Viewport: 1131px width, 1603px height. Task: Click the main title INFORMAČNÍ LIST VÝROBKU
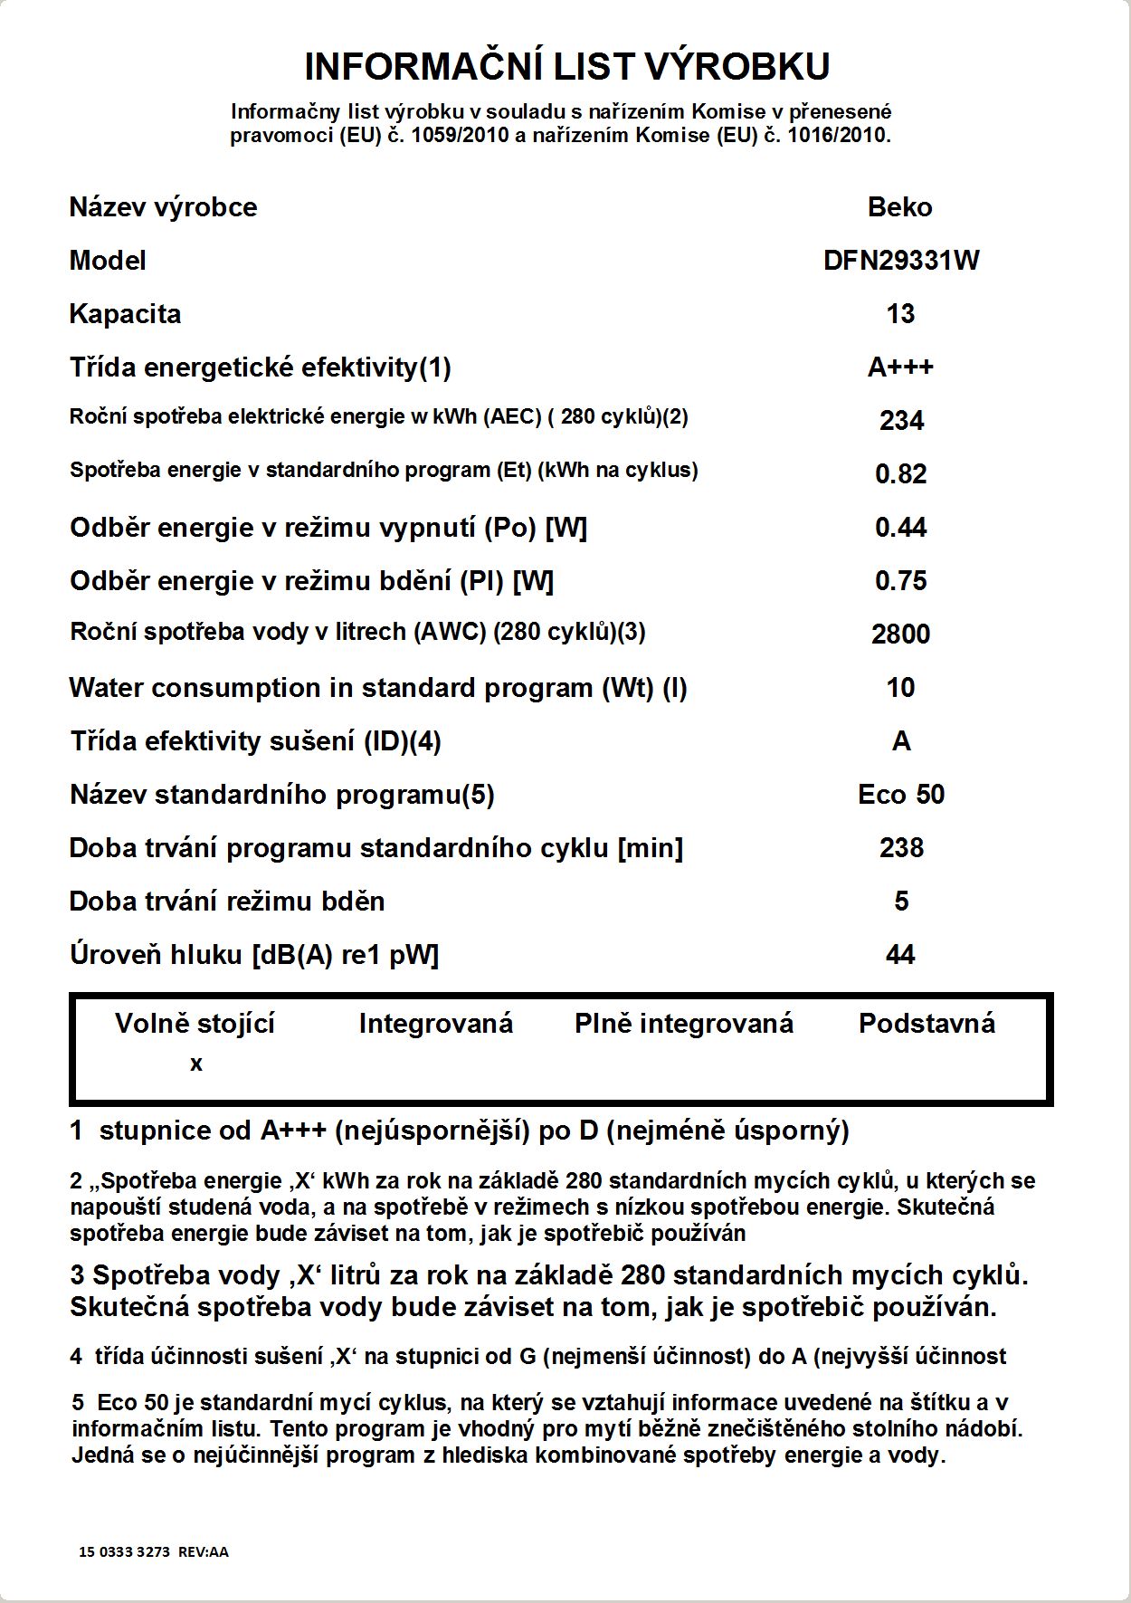566,66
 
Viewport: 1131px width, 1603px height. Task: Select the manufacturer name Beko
899,207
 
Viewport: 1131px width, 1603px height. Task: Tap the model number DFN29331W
901,261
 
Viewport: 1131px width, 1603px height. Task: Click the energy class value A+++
900,367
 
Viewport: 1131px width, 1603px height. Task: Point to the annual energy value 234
901,420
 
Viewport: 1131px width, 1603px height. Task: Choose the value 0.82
901,473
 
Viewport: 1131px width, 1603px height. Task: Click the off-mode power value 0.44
901,527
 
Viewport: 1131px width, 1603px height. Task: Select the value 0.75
901,580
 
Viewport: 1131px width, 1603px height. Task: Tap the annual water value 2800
901,634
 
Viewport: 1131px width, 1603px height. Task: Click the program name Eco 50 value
901,794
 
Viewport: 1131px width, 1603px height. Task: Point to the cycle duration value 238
901,847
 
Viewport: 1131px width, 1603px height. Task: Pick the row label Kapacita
125,314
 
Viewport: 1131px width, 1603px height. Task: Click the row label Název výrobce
163,207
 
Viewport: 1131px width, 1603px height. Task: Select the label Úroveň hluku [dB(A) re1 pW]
254,954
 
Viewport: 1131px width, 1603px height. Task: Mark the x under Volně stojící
196,1064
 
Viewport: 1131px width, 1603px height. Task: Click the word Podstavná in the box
927,1024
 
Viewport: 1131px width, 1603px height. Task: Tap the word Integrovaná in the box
435,1024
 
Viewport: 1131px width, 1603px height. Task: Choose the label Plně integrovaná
684,1024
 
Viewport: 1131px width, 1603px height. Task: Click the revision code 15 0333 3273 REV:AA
154,1551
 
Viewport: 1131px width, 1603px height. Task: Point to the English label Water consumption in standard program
378,688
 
